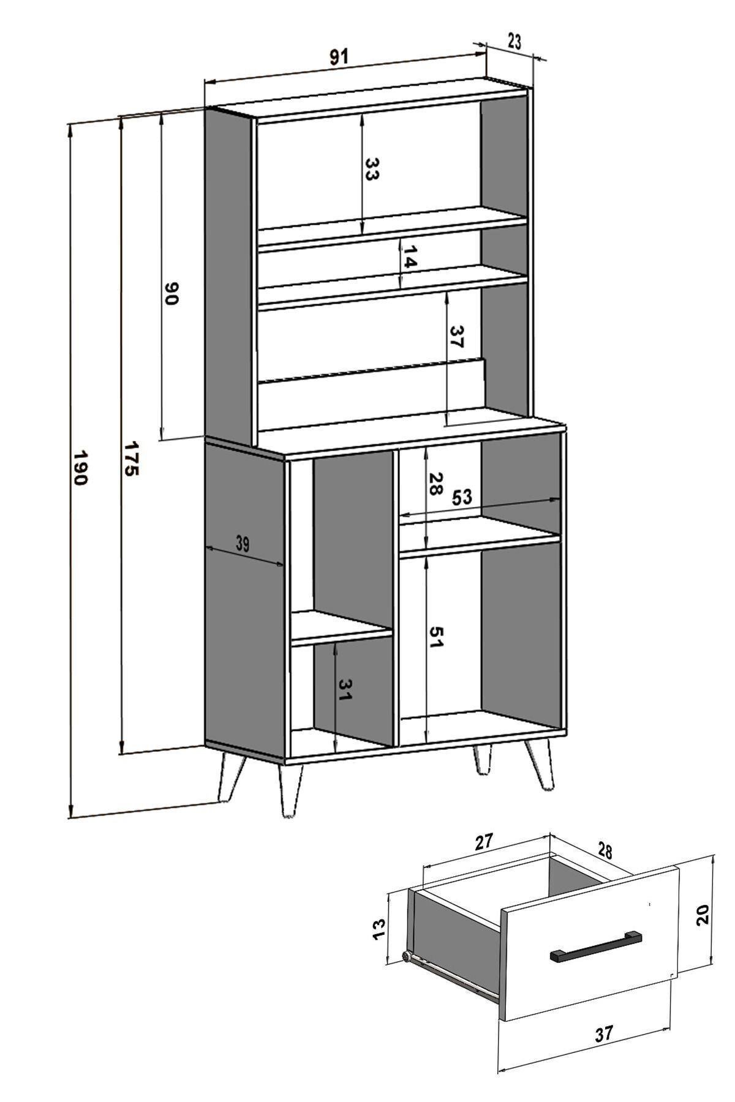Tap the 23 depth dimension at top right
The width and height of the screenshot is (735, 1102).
point(514,42)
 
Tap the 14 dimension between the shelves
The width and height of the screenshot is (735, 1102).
point(409,257)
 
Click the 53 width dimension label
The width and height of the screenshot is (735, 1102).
point(462,497)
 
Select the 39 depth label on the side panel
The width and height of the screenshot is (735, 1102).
point(243,544)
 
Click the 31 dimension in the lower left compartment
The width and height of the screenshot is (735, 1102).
point(344,690)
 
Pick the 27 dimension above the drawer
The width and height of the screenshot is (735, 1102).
point(484,842)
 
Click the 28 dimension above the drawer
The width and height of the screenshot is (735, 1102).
point(605,850)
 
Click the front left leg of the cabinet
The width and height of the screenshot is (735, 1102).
point(290,790)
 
